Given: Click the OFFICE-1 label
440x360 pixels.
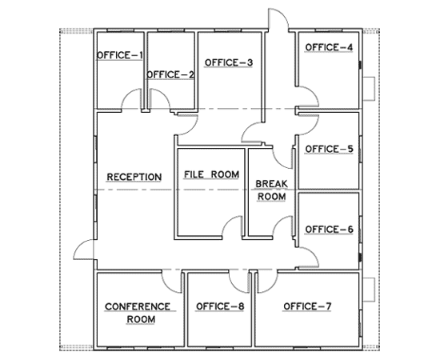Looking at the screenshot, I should click(119, 55).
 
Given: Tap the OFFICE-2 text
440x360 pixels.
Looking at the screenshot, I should click(170, 75).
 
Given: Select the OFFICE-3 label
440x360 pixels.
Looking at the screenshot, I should click(228, 62).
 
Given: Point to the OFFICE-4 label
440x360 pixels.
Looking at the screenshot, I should click(328, 47).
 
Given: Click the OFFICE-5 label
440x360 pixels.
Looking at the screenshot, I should click(329, 149).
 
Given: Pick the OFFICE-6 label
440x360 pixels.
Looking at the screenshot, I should click(328, 230).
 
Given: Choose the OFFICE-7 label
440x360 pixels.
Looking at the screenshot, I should click(308, 306).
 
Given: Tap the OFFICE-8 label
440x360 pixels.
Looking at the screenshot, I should click(220, 306).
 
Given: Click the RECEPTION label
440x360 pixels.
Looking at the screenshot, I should click(135, 177).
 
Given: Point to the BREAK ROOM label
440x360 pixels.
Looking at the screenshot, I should click(270, 190).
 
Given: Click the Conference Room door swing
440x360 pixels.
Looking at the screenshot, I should click(172, 280).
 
